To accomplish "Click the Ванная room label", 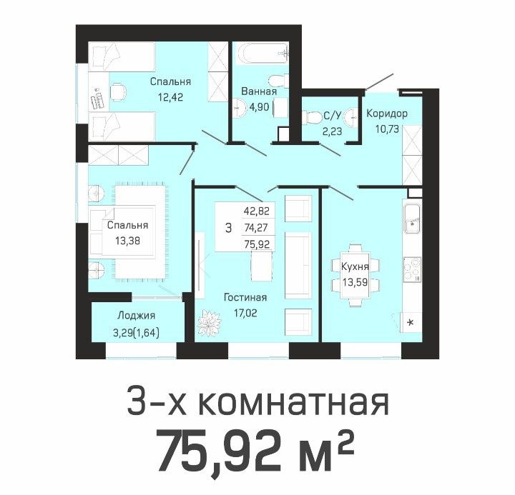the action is point(259,91).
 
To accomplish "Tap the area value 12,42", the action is point(170,97).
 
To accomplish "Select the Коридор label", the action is point(387,114).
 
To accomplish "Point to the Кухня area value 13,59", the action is point(355,281).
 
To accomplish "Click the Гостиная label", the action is point(245,297).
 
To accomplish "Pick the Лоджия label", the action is point(137,316).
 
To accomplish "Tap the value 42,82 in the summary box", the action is point(257,211).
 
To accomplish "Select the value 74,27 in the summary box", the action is point(256,227).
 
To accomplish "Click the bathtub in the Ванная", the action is point(263,53).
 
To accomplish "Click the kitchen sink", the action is point(412,219).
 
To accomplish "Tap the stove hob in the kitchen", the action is point(412,270).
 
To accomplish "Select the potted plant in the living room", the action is point(209,322).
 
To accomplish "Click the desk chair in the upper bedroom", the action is point(118,92).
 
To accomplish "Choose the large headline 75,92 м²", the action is point(255,451).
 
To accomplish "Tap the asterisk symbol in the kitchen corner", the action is point(411,322).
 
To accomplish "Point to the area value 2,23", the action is point(332,131).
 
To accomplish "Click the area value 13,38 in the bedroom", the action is point(127,241).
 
